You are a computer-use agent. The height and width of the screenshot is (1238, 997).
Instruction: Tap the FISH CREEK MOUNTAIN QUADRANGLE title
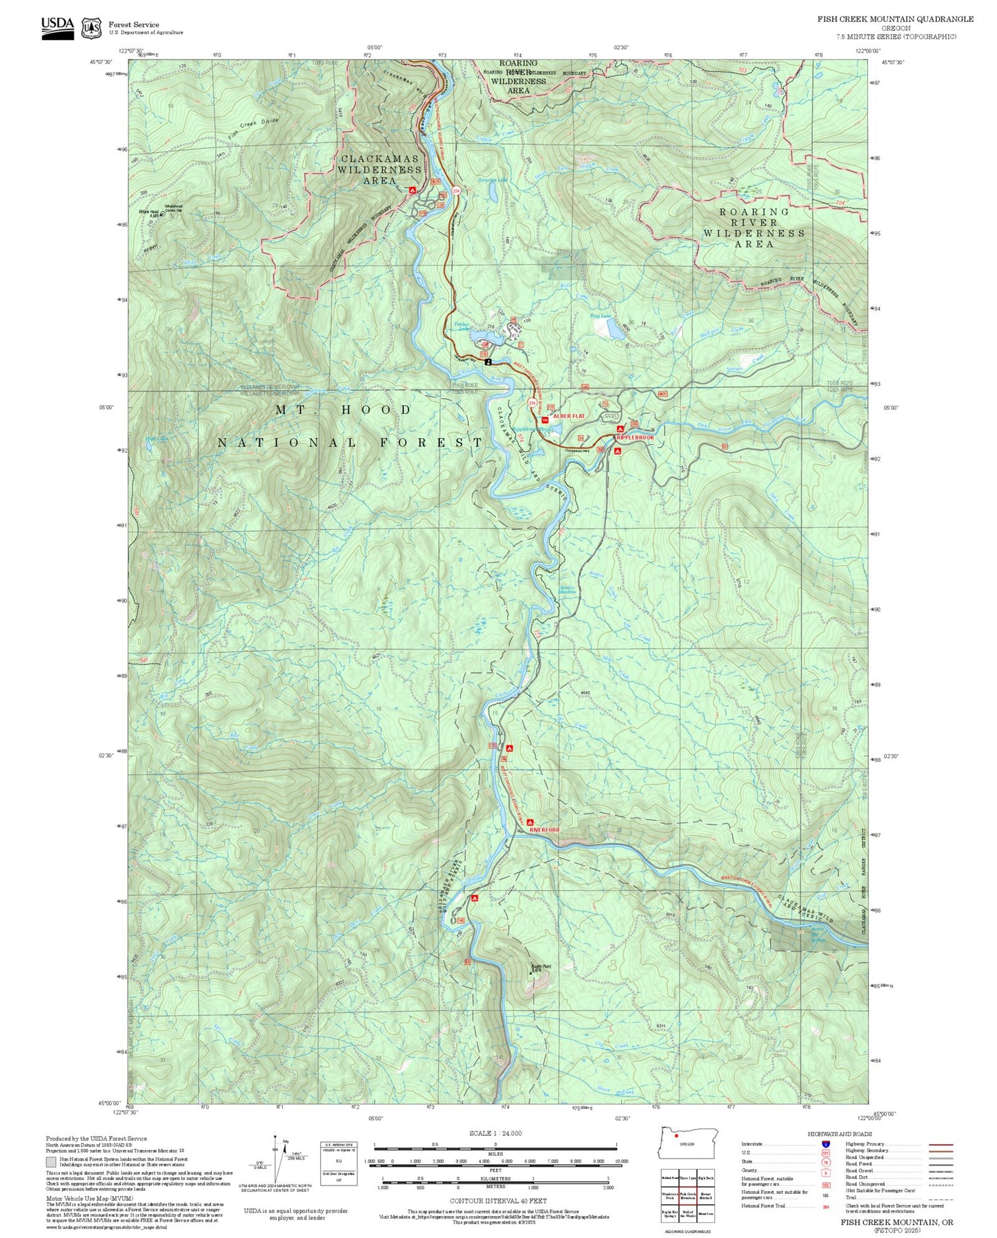pyautogui.click(x=896, y=19)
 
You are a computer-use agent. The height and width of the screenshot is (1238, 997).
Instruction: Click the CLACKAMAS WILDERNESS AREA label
pyautogui.click(x=379, y=169)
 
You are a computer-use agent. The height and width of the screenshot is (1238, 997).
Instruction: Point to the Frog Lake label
pyautogui.click(x=600, y=316)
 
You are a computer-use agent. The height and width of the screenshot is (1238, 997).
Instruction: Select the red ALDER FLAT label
pyautogui.click(x=569, y=416)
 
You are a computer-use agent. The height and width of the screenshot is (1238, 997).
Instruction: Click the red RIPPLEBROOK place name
pyautogui.click(x=635, y=438)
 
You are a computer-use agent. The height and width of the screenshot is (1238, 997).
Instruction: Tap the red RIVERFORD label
pyautogui.click(x=544, y=829)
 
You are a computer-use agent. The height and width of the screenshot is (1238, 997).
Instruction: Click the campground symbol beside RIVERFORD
pyautogui.click(x=530, y=822)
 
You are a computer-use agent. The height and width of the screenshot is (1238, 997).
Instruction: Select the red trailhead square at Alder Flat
pyautogui.click(x=545, y=420)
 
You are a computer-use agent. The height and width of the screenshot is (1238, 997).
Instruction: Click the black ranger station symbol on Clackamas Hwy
pyautogui.click(x=488, y=361)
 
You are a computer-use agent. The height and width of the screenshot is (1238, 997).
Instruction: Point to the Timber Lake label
pyautogui.click(x=461, y=326)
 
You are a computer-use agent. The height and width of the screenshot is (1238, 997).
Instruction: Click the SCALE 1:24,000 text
pyautogui.click(x=495, y=1133)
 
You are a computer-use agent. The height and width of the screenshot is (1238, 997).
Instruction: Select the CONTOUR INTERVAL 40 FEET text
pyautogui.click(x=498, y=1201)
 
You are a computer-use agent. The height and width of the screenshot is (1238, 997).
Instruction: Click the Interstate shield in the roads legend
pyautogui.click(x=826, y=1143)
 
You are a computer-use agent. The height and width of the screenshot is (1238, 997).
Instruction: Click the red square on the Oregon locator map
pyautogui.click(x=677, y=1135)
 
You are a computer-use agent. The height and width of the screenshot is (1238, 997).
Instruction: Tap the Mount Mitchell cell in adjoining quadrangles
pyautogui.click(x=705, y=1197)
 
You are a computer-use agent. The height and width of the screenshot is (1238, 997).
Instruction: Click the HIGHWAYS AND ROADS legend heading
pyautogui.click(x=840, y=1134)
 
